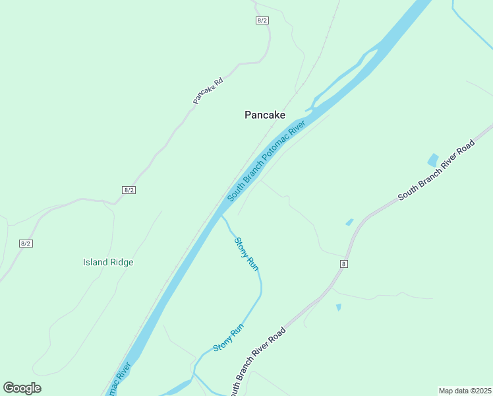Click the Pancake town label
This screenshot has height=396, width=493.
click(265, 115)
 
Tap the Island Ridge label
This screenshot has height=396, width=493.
click(108, 262)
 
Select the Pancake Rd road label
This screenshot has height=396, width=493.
click(208, 91)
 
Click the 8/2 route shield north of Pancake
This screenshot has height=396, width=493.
click(262, 20)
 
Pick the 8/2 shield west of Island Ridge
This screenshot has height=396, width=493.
click(26, 244)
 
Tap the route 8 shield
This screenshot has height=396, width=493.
click(343, 264)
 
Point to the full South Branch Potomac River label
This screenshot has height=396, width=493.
click(266, 161)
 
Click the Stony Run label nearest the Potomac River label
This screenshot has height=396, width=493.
click(246, 253)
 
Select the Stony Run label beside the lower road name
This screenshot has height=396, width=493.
click(229, 338)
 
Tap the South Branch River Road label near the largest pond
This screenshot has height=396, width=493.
click(436, 171)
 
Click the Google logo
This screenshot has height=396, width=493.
click(22, 388)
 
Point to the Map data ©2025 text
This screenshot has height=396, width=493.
click(465, 391)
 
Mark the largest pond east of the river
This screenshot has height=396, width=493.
click(433, 160)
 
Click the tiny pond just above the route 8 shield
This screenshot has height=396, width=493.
click(349, 222)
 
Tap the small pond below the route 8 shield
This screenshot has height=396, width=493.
click(339, 307)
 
